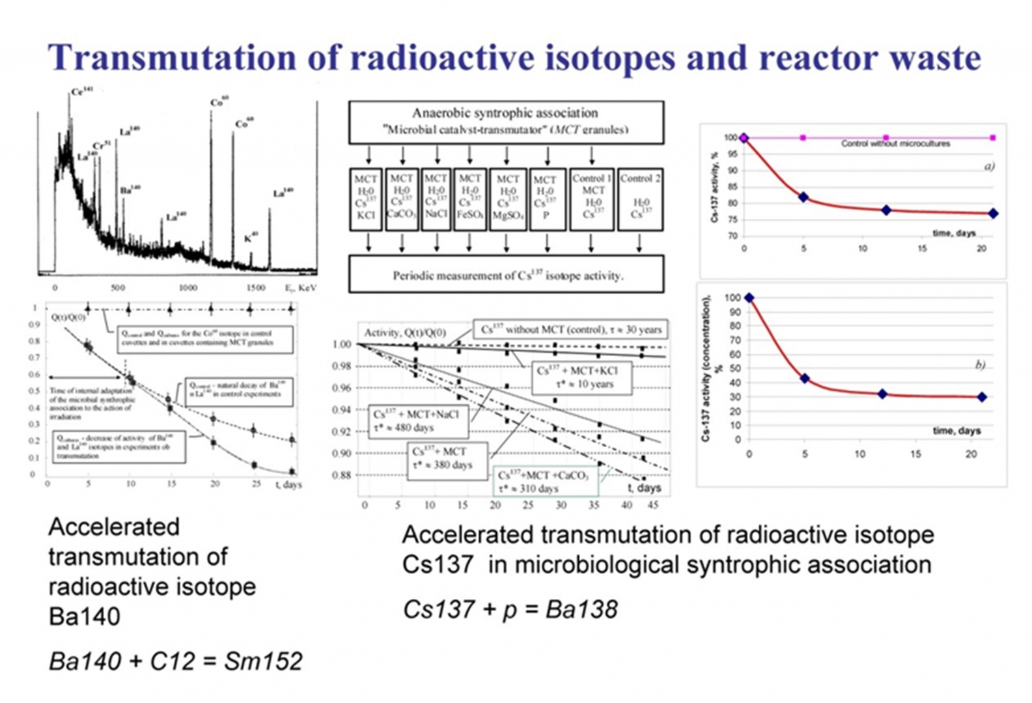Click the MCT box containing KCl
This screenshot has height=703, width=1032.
pos(365,199)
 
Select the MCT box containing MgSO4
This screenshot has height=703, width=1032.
pos(507,199)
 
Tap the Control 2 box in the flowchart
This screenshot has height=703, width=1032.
pos(640,199)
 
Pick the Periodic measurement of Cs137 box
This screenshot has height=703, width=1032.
pos(507,275)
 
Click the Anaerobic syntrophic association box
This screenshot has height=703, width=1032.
pos(506,122)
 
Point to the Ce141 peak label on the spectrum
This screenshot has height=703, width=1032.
pos(82,92)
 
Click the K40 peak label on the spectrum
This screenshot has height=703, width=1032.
pos(251,238)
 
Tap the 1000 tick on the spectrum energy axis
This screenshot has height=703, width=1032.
pos(188,288)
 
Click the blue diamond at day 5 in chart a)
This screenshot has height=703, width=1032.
pos(803,197)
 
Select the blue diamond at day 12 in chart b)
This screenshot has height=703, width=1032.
pos(882,394)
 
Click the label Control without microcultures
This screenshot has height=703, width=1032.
pos(895,143)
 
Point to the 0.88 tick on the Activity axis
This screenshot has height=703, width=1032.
pos(342,475)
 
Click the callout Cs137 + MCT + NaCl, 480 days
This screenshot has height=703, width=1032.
pos(420,421)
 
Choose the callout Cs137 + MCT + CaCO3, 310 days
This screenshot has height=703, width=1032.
pos(546,482)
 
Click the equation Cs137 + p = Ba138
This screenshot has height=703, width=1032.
pos(510,609)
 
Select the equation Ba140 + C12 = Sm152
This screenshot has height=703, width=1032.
pos(176,661)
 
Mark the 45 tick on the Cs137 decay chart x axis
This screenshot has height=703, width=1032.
pos(653,505)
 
